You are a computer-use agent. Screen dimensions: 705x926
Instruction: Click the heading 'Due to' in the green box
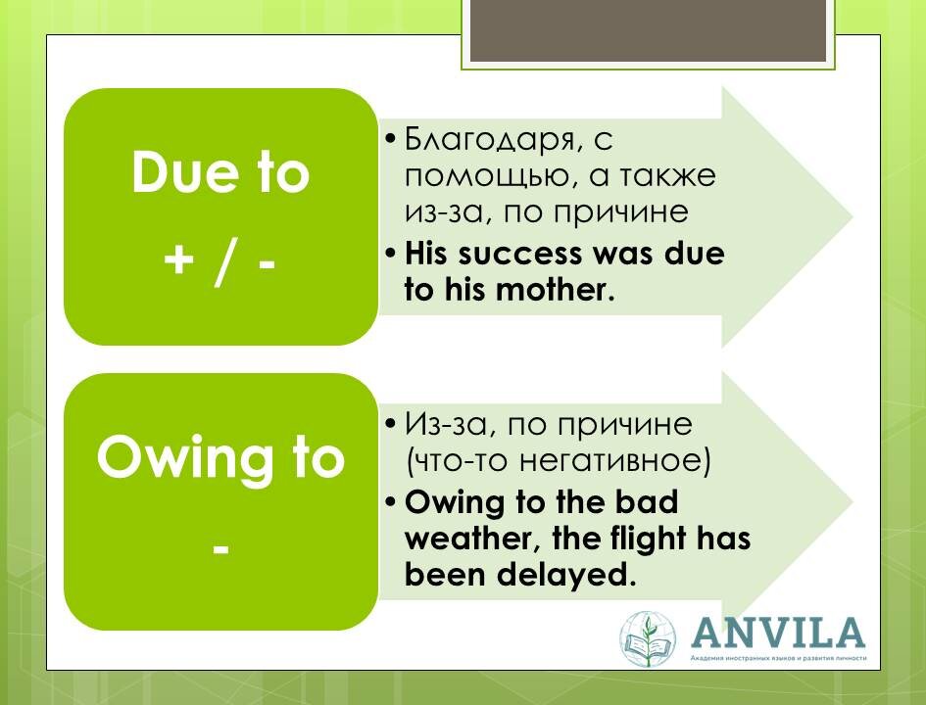point(219,174)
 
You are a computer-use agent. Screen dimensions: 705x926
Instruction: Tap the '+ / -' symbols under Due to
point(219,263)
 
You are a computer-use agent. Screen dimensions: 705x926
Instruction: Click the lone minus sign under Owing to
point(220,548)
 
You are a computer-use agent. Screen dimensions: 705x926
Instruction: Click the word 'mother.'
point(561,291)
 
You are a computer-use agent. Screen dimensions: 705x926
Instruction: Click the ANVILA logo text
point(778,632)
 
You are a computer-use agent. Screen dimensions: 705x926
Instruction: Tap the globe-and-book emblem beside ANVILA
point(649,639)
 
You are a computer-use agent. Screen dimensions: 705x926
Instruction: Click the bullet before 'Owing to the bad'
point(391,502)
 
